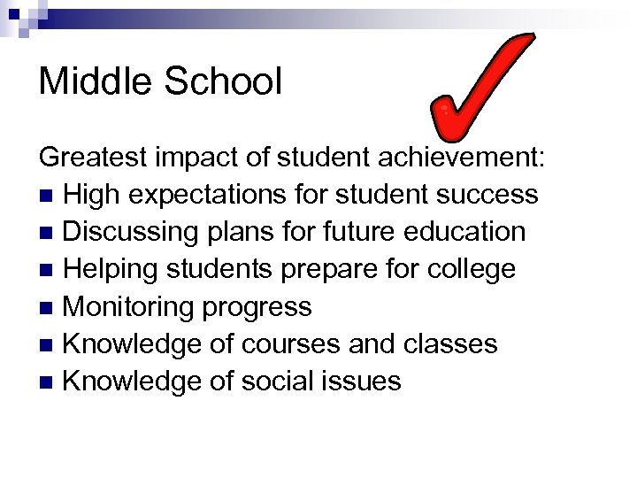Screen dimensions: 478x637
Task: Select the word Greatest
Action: click(x=94, y=158)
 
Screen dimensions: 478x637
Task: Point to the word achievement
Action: click(x=468, y=158)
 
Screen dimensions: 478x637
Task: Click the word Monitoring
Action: click(x=128, y=307)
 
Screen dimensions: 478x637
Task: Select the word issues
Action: click(x=363, y=382)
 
